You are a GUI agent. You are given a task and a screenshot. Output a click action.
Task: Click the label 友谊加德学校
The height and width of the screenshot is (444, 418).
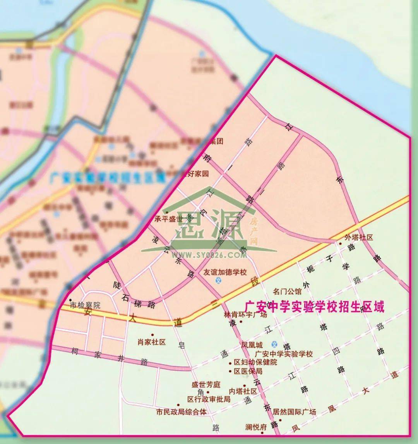coord(225,272)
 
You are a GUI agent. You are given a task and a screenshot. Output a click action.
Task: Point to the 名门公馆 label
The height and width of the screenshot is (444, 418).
coord(287,291)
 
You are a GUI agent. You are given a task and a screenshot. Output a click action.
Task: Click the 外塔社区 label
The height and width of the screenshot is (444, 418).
coord(358,237)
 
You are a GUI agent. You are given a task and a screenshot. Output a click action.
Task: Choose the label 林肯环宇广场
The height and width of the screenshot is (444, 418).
coord(245,315)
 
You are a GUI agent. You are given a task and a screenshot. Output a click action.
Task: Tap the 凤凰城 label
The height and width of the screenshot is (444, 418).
coord(252,344)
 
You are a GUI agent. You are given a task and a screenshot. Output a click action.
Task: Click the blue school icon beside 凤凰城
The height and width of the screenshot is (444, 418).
coord(274,344)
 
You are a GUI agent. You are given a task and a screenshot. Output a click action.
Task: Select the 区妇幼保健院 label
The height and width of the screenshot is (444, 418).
coord(255,363)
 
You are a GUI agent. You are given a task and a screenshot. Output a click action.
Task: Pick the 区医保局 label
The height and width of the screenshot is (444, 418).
coord(248,371)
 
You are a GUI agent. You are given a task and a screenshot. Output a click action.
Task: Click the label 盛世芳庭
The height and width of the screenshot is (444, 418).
coord(206,385)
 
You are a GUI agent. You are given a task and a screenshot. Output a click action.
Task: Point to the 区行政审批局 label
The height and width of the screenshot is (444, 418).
coord(209,399)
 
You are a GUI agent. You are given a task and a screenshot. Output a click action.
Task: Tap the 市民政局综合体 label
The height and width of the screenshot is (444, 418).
coord(181,412)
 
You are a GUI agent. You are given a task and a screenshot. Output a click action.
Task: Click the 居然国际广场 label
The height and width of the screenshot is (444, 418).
coord(294,412)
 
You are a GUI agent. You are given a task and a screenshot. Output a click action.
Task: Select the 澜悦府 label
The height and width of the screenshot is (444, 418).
coord(256,427)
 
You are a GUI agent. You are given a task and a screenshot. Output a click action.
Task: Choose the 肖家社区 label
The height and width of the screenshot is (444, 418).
coord(151,342)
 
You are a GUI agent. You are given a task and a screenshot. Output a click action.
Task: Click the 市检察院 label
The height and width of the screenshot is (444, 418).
coord(85,305)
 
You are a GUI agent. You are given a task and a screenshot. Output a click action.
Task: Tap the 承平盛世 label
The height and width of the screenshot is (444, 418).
coord(168,219)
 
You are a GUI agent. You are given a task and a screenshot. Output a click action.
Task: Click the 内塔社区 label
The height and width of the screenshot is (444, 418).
coord(243,391)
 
